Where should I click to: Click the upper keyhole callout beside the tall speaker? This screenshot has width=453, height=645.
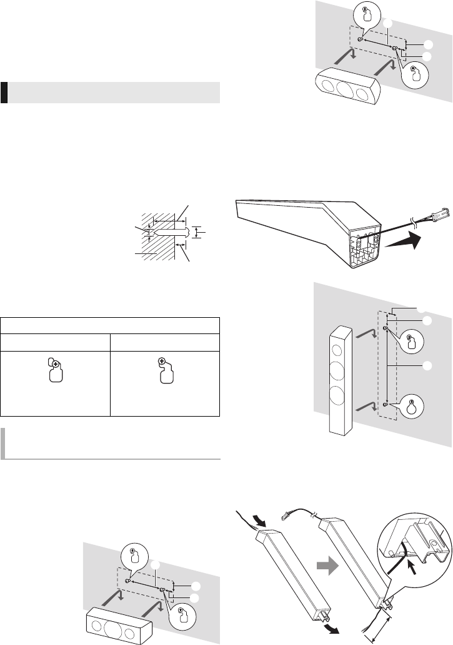coord(411,342)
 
